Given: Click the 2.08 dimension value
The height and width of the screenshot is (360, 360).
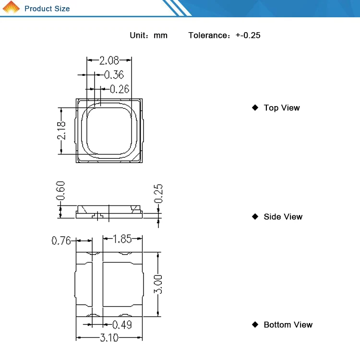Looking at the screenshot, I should [109, 60].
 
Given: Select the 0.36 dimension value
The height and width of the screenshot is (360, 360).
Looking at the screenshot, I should [114, 75].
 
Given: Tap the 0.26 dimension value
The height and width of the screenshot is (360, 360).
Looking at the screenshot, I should [120, 89].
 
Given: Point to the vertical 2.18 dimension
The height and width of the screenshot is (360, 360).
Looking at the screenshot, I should [61, 131].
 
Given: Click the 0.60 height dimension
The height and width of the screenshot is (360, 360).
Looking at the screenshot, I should [61, 191].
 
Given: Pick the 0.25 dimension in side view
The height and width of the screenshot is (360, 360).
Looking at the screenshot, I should [159, 193].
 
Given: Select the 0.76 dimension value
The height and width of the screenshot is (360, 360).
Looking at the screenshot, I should [61, 240].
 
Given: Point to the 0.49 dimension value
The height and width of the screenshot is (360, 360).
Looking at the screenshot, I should [122, 325].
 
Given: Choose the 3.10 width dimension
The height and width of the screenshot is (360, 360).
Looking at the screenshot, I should [109, 338].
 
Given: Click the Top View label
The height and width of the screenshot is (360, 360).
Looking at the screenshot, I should [281, 108].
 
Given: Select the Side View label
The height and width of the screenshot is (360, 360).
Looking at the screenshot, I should [283, 217].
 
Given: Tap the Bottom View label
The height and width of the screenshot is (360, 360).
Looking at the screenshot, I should [288, 325].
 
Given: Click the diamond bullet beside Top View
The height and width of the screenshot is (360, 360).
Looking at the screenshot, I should [255, 108].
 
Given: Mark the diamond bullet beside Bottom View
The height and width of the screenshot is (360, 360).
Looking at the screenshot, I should [255, 324].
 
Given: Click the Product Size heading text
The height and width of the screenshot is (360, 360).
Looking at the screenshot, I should [47, 9].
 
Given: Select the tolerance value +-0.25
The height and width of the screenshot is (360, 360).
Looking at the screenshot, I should [248, 36].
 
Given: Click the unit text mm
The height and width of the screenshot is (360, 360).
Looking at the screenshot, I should [160, 36].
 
